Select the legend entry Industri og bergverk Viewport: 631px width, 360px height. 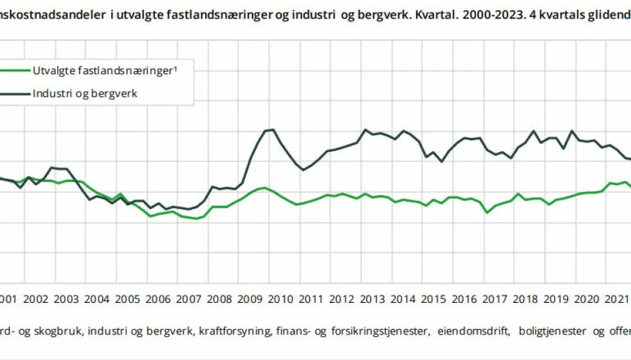click(x=85, y=93)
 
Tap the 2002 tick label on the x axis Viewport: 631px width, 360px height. click(x=36, y=300)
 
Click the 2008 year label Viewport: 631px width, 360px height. click(x=219, y=300)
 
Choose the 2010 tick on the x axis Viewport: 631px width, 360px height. click(x=280, y=300)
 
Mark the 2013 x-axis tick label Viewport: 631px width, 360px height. click(x=372, y=300)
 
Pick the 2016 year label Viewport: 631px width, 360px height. click(x=463, y=300)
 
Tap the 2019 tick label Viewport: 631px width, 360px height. click(x=555, y=300)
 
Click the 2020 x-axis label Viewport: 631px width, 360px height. click(x=586, y=300)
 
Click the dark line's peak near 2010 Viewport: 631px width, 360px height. click(x=272, y=129)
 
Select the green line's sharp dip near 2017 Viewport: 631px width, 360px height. click(x=487, y=212)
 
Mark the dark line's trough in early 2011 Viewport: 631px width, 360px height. click(x=304, y=170)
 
